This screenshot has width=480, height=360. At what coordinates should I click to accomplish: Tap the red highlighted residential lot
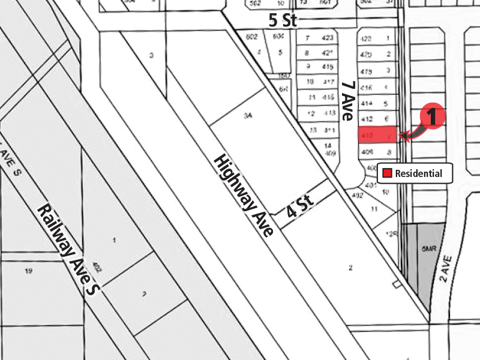[x=377, y=134]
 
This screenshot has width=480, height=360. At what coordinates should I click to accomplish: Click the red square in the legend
[x=388, y=173]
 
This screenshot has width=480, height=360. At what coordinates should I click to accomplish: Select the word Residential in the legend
[x=418, y=174]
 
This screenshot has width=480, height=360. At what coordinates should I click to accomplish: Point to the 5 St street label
[x=283, y=20]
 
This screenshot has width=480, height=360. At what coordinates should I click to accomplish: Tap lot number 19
[x=28, y=271]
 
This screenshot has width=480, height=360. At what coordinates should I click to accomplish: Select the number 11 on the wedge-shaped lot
[x=375, y=209]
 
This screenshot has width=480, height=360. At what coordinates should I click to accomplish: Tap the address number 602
[x=252, y=37]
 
